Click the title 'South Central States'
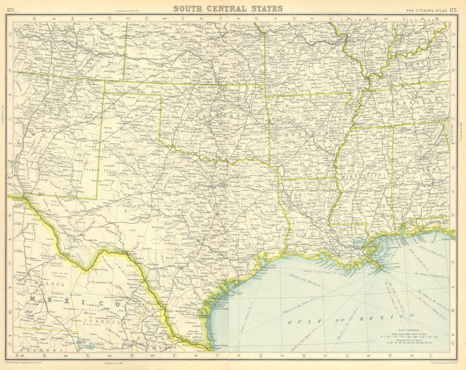(x=228, y=8)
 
